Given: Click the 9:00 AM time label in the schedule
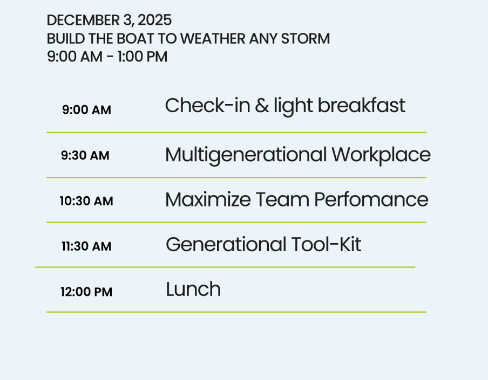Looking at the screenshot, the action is (x=86, y=109).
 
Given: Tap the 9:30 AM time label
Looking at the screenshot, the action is (x=85, y=155).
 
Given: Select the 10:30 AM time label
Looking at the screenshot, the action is (x=86, y=201).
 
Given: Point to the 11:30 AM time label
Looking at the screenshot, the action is (x=86, y=246).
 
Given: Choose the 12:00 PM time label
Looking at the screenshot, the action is (x=86, y=292).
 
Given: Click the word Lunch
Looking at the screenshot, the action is (x=193, y=289).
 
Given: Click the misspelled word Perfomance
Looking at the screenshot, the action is (x=371, y=199).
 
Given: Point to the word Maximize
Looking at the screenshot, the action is (x=208, y=199).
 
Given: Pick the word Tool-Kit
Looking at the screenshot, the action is (x=326, y=244).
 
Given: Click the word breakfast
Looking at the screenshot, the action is (x=362, y=105).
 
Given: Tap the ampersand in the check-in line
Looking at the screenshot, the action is (x=262, y=106).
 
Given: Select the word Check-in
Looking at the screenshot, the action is (x=208, y=105).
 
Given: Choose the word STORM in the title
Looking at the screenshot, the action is (x=306, y=39).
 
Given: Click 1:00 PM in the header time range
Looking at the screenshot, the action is (x=143, y=57).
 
